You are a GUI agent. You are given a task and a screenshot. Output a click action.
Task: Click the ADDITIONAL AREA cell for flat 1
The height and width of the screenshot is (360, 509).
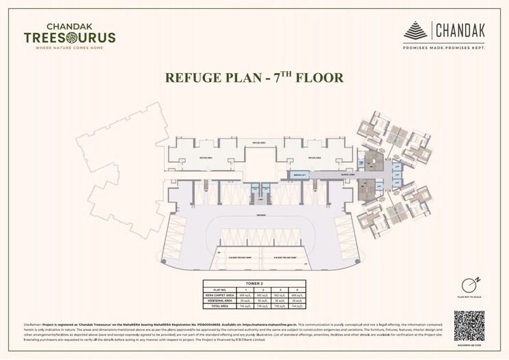click(x=246, y=300)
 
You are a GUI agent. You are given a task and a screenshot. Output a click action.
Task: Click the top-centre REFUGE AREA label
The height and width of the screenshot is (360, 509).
click(x=258, y=143)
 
